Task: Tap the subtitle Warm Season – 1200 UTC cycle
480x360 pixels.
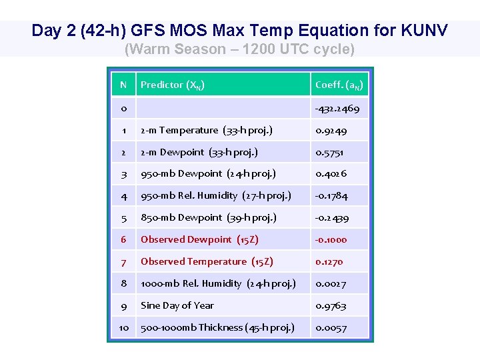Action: [x=240, y=49]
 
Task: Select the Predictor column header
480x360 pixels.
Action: [x=173, y=85]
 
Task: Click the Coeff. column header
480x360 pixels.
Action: [x=339, y=85]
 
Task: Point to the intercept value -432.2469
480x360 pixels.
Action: [x=337, y=108]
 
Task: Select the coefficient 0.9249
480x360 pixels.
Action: [x=331, y=130]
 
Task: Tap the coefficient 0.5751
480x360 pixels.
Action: [x=330, y=152]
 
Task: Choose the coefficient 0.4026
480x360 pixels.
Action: [x=331, y=173]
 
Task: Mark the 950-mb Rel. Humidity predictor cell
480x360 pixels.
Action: [x=215, y=195]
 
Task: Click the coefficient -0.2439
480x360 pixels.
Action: [x=332, y=217]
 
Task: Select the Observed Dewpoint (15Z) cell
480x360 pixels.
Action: [x=199, y=239]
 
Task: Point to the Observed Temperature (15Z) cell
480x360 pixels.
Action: [x=207, y=261]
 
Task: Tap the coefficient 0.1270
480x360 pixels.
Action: [x=329, y=261]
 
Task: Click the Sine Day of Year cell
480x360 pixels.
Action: [x=177, y=305]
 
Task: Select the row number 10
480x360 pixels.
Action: [x=123, y=327]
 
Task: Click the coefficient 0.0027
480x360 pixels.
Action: [x=331, y=283]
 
